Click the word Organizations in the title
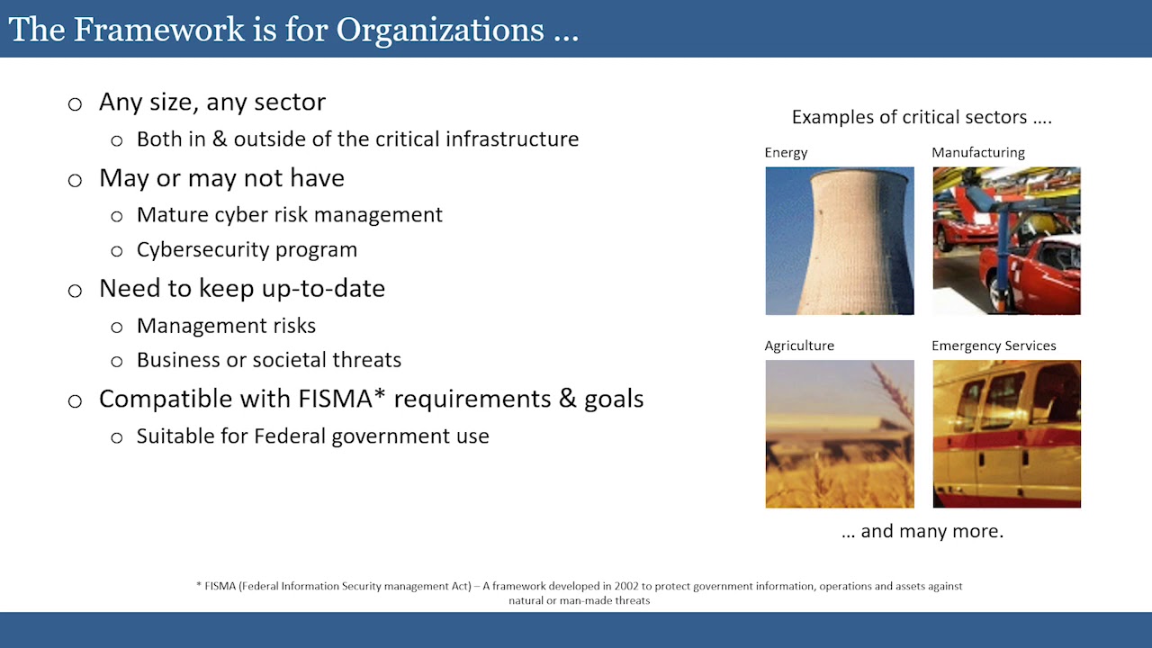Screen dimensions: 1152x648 [440, 31]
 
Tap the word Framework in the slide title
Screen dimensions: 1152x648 [159, 30]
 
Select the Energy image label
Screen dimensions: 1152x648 [786, 153]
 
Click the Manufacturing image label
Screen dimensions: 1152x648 [978, 153]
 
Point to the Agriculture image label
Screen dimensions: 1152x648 [799, 346]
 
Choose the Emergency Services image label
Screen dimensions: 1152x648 [994, 346]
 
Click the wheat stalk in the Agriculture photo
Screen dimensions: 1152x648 [894, 396]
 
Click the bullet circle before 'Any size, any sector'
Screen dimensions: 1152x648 [75, 104]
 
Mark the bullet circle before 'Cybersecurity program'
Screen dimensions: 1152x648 [117, 251]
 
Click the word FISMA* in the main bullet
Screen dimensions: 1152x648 [341, 399]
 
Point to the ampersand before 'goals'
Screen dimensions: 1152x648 [567, 399]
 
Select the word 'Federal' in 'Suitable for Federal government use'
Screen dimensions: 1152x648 [290, 436]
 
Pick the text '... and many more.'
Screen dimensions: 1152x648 [922, 531]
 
